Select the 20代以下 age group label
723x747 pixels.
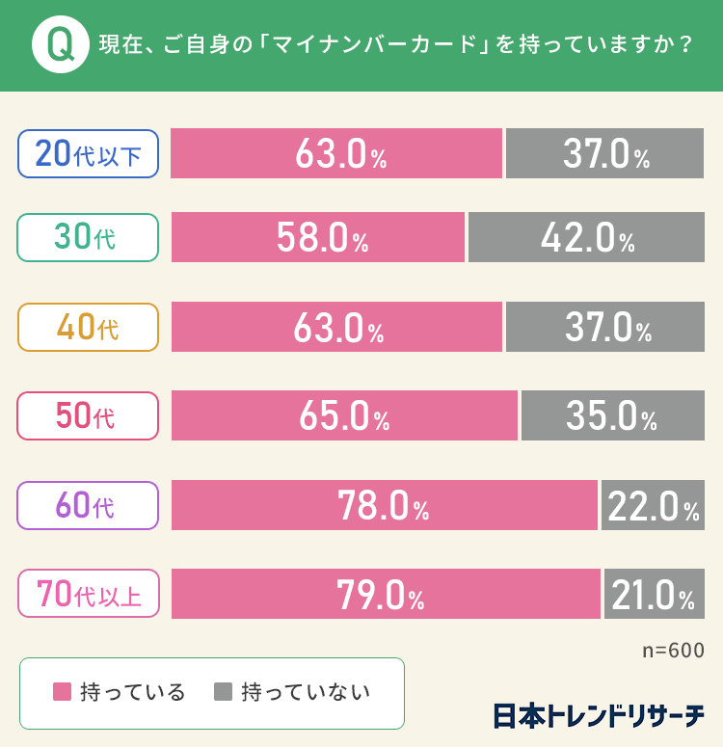88,154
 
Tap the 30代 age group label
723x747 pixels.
88,237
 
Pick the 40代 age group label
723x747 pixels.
88,327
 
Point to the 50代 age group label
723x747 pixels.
88,415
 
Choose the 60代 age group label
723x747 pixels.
88,505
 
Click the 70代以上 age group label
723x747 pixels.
88,594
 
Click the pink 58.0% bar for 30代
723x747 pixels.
318,237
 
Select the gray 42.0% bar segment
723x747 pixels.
586,237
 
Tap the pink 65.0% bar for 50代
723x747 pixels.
344,415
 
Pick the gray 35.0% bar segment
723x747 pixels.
612,415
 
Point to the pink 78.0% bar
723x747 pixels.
384,505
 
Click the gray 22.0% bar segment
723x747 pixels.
653,505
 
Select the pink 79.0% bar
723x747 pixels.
386,594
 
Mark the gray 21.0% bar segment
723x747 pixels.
655,594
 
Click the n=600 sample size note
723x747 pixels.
673,650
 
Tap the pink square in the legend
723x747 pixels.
62,692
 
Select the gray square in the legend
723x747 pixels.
223,692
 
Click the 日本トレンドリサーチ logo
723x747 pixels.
598,716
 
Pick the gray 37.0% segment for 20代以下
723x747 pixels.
605,154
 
